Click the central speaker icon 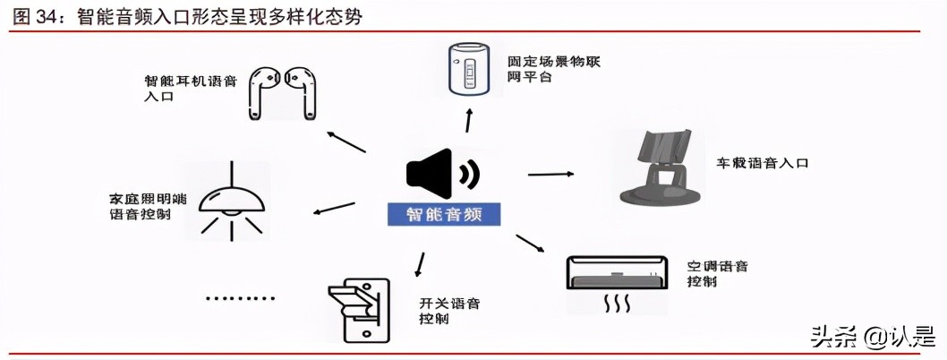[x=441, y=174]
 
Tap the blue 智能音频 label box [x=443, y=214]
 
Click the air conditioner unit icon [x=616, y=282]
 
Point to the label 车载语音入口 [x=762, y=164]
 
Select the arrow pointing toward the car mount [x=550, y=173]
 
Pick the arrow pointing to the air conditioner [x=530, y=243]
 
